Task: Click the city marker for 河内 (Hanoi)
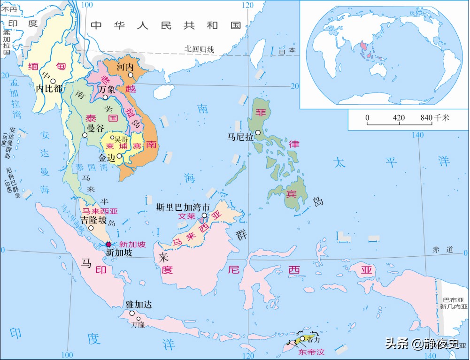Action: point(131,75)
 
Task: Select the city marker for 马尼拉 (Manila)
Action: point(258,133)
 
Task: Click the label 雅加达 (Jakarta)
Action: point(139,304)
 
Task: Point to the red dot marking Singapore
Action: point(108,244)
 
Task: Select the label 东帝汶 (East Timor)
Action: point(313,351)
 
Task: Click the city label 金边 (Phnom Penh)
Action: point(107,156)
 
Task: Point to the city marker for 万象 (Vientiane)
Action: point(106,98)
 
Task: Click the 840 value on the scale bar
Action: point(426,118)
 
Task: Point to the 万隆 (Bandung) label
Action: point(138,324)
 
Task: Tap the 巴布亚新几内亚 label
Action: point(454,303)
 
